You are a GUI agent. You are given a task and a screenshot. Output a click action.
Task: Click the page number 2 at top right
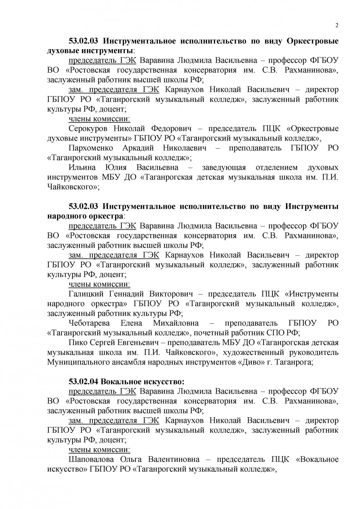(x=337, y=25)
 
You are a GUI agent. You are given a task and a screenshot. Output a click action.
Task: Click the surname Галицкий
(x=86, y=294)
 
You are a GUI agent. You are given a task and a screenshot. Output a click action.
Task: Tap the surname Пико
(x=77, y=342)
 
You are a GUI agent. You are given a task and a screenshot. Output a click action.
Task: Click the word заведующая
(x=224, y=167)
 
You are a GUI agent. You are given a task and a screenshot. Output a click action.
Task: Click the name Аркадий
(x=138, y=148)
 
